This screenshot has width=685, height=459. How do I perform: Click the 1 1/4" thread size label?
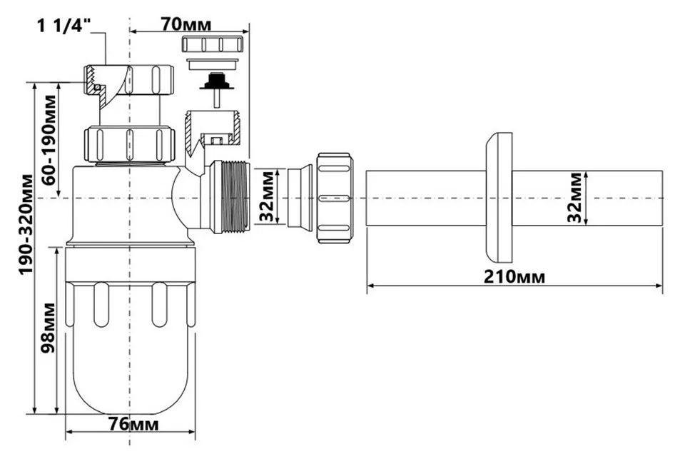tap(64, 26)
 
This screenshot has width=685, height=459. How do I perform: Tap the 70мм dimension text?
tap(186, 24)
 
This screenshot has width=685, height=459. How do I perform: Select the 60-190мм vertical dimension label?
tap(49, 140)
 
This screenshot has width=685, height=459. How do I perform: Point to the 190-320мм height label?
tap(26, 224)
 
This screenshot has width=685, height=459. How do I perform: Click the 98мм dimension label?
tap(48, 328)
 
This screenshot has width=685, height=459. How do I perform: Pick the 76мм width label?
tap(133, 424)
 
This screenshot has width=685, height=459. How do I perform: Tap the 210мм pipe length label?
tap(514, 277)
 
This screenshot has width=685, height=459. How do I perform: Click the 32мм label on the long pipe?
tap(575, 198)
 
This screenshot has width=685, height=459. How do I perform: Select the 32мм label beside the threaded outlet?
tap(268, 197)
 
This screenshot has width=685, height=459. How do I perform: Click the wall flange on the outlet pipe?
tap(499, 198)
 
